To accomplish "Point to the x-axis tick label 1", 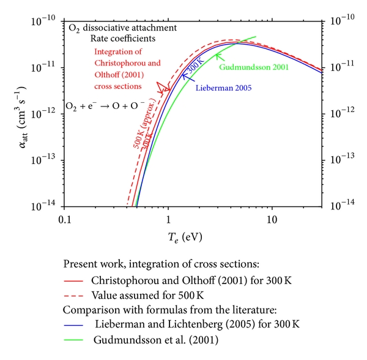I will click(x=168, y=220).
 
